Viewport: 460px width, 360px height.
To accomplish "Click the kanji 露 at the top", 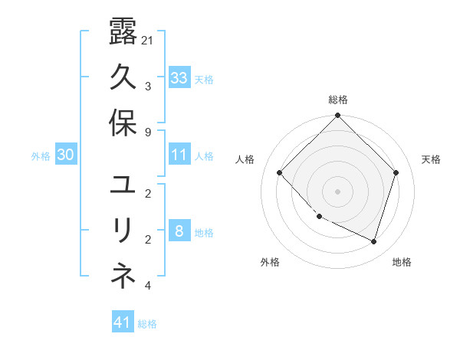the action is [x=123, y=33].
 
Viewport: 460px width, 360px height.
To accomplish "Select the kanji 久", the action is [x=123, y=77].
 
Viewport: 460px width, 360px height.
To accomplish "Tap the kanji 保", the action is [x=123, y=123].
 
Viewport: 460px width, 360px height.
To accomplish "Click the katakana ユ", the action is [x=123, y=186].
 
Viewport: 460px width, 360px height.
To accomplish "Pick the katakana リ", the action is [x=123, y=232].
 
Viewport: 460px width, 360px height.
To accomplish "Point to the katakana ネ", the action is [x=123, y=278].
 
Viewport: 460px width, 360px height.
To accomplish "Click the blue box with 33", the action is [x=179, y=77].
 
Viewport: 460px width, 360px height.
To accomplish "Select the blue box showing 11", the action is [x=179, y=155].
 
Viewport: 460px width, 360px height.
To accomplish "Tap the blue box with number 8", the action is [x=179, y=232].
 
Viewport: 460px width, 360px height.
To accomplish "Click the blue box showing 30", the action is [x=65, y=155].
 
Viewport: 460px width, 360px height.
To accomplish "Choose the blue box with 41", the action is [x=123, y=322].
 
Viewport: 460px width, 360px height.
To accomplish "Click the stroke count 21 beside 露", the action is [x=147, y=40].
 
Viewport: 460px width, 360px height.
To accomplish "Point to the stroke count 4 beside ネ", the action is [x=147, y=286].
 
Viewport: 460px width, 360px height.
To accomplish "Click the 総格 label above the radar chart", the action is [x=338, y=100].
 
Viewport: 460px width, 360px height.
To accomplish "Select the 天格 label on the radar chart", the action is [x=431, y=159].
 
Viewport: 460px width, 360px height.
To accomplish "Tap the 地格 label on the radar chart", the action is [x=402, y=262].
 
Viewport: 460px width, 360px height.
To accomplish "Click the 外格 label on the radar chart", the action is [x=270, y=262].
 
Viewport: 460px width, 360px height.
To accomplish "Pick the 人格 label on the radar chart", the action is [x=245, y=159].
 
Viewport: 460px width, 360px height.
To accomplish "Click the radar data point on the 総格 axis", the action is [x=338, y=116].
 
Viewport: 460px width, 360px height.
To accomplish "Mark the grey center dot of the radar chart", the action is [x=338, y=191].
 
